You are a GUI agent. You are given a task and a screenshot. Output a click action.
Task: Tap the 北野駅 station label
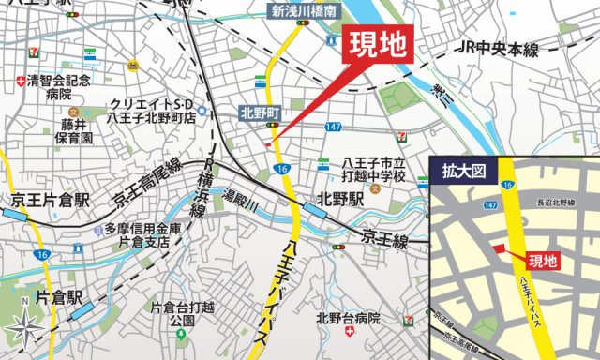coord(339,199)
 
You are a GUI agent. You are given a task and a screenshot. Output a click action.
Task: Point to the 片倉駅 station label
coord(61,298)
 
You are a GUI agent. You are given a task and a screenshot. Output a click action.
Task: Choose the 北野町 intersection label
coord(261,112)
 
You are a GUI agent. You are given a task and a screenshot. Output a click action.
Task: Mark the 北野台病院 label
coord(348,318)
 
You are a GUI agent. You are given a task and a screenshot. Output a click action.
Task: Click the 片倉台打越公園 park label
coord(182,313)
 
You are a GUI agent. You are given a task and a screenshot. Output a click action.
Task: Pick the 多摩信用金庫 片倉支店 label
coord(139,235)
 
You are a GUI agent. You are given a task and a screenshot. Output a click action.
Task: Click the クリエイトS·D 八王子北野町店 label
coord(152,110)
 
